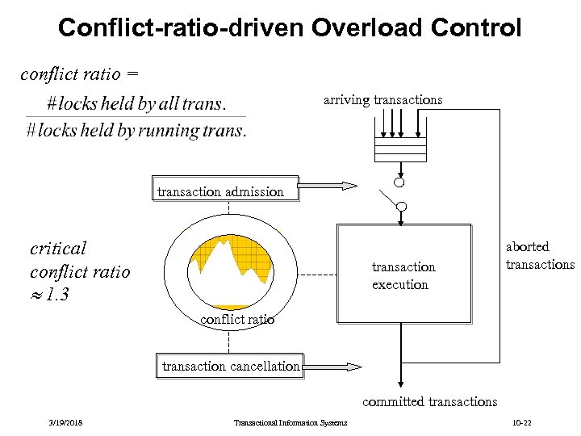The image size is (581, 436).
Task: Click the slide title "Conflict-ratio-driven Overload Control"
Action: point(290,28)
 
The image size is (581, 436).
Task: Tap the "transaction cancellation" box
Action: point(231,366)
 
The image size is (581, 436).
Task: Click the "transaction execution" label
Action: point(403,275)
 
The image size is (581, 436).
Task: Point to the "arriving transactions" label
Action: point(382,100)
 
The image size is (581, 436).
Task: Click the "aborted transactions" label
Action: point(539,256)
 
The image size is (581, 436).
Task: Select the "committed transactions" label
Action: point(429,401)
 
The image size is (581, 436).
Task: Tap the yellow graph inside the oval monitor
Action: point(229,262)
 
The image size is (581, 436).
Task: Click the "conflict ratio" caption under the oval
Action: point(236,319)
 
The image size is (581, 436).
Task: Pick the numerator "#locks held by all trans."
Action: point(136,104)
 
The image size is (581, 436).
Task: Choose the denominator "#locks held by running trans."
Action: point(136,131)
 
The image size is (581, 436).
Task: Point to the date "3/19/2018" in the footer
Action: point(65,423)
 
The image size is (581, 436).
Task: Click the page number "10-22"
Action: point(521,423)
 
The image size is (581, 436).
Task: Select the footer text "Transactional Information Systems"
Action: point(290,423)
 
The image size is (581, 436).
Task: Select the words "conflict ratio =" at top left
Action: point(79,74)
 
